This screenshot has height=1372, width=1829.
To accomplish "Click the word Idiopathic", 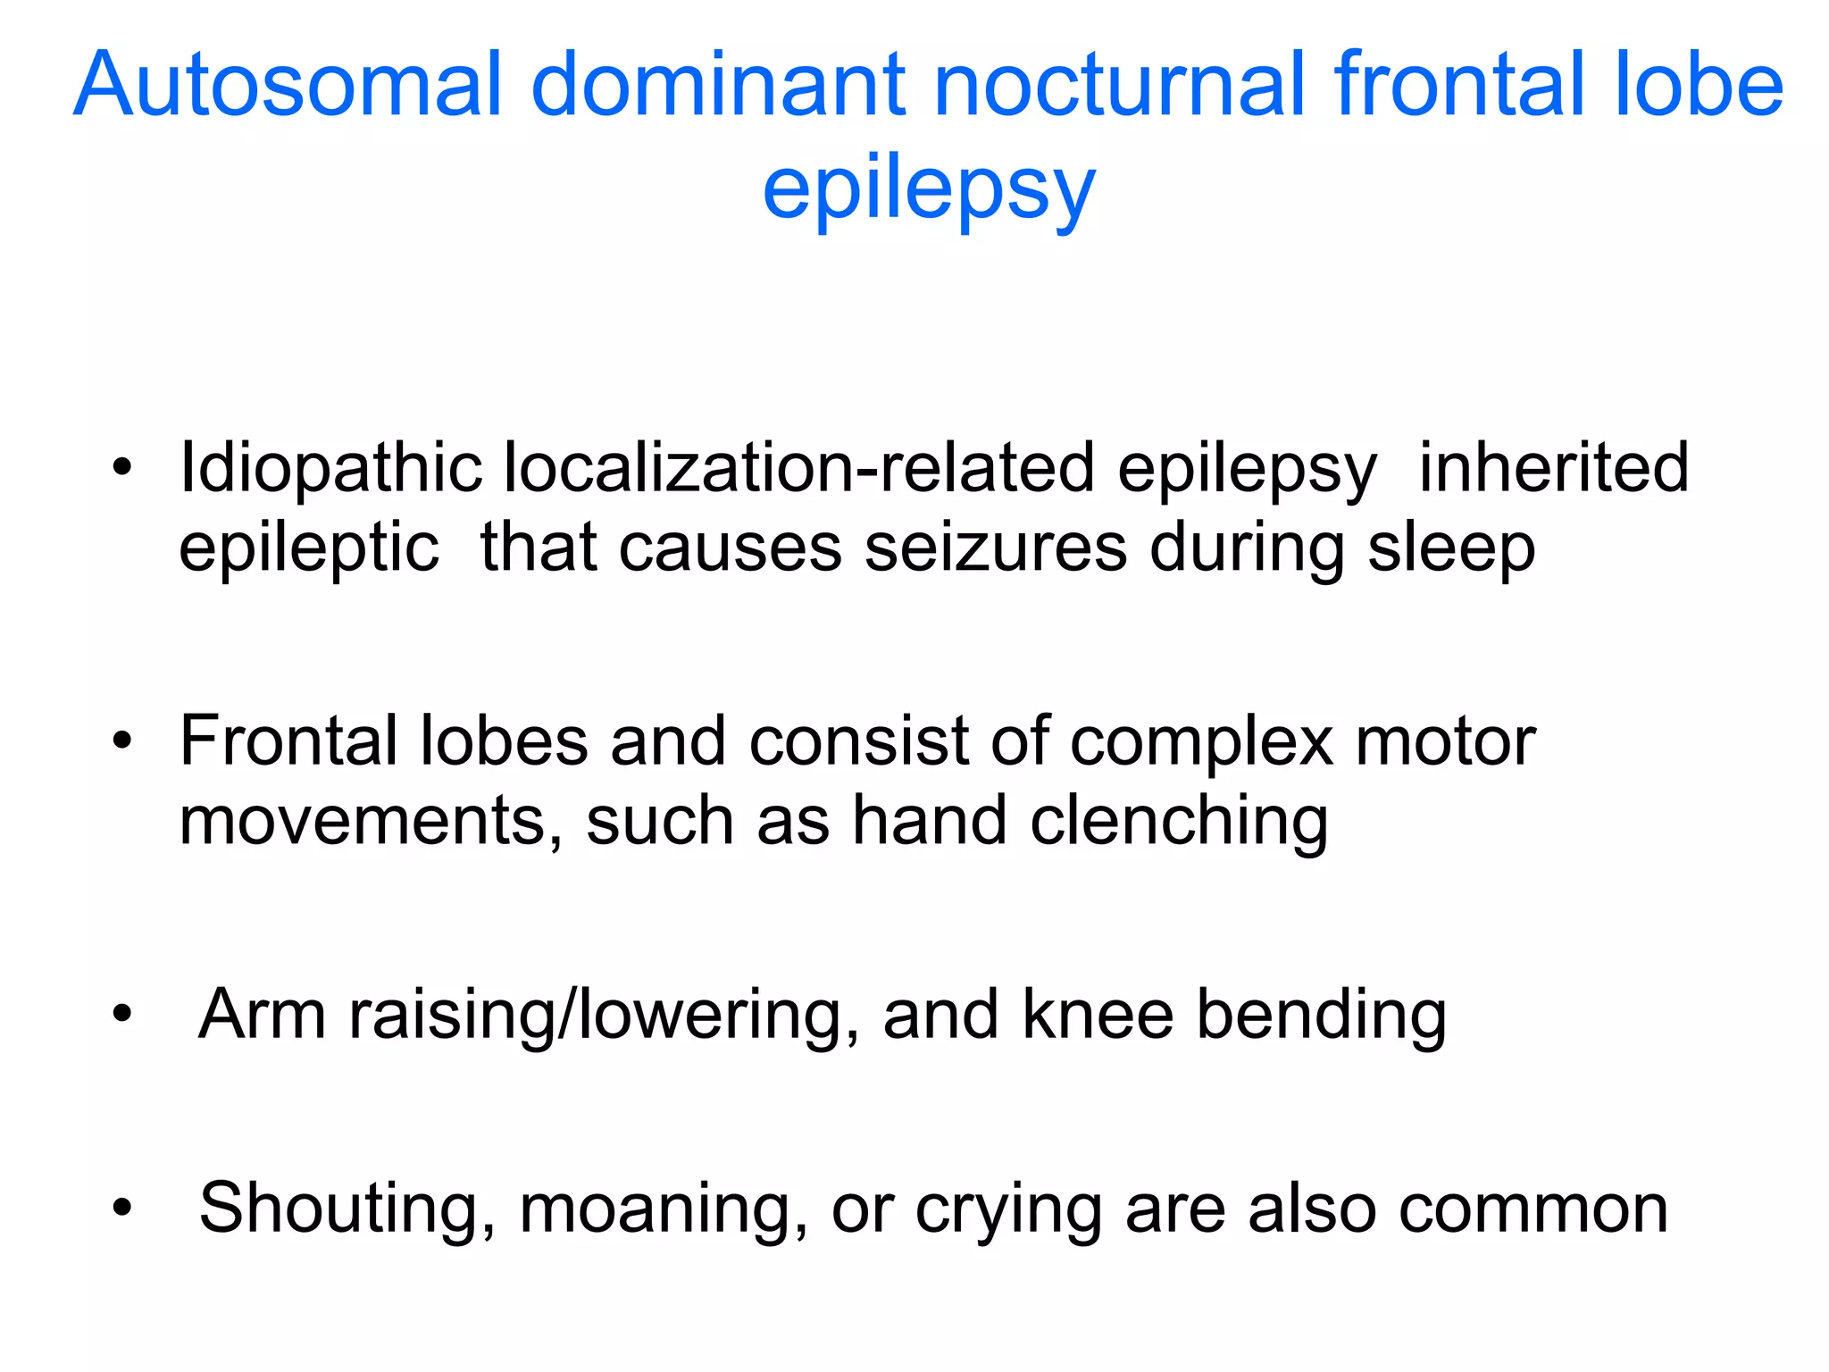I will click(330, 469).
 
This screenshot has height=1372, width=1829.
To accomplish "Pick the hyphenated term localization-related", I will click(799, 469).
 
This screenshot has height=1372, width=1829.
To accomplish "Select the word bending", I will click(1321, 1016).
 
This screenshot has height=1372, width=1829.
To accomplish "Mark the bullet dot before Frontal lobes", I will click(123, 741).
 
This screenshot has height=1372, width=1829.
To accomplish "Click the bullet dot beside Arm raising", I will click(123, 1015).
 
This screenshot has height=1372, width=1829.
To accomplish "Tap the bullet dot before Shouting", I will click(123, 1209).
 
